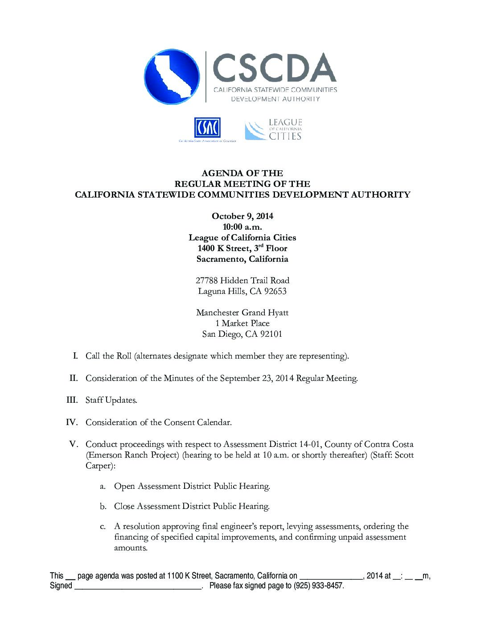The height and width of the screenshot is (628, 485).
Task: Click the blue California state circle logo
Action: point(172,77)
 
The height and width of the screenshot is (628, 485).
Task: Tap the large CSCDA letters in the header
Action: point(274,68)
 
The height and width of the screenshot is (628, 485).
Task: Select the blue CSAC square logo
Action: point(207,128)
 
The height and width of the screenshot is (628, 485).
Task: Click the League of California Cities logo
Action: point(273,130)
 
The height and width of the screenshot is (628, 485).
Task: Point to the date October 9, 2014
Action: point(242,216)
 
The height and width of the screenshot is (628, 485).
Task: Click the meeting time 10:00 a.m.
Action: point(242,227)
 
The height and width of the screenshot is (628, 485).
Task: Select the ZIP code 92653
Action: point(275,291)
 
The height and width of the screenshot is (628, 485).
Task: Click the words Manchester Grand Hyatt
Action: point(242,313)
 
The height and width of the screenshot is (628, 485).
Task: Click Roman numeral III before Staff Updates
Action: point(72,400)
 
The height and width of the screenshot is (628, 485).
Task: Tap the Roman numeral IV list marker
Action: point(72,422)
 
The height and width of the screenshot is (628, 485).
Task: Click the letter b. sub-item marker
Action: point(103,506)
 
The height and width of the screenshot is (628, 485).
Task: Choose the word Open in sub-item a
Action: point(124,486)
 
